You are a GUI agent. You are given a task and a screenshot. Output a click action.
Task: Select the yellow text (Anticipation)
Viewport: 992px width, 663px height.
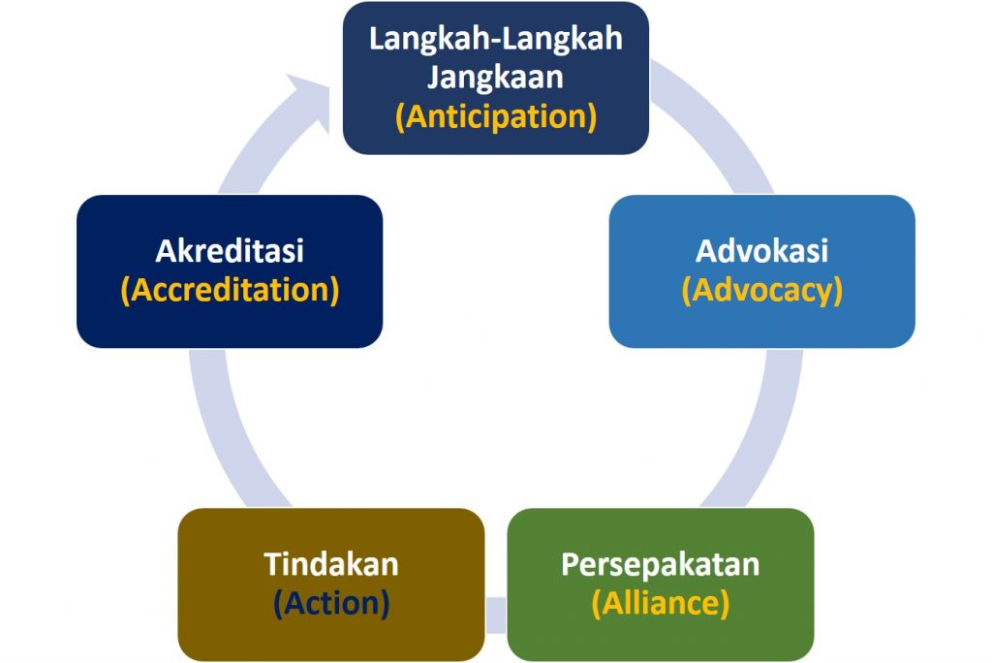(496, 117)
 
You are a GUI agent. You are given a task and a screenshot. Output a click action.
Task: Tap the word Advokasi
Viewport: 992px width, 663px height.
(761, 251)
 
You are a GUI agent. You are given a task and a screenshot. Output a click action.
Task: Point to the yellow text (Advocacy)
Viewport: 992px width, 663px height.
(762, 291)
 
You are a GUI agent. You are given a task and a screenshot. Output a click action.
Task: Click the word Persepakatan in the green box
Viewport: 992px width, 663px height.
(661, 564)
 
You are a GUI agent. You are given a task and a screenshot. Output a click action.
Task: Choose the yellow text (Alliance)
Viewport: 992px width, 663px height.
(661, 603)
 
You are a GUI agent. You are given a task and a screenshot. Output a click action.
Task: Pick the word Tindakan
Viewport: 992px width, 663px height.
(331, 564)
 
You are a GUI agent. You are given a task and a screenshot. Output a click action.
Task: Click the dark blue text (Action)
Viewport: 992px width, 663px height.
(331, 603)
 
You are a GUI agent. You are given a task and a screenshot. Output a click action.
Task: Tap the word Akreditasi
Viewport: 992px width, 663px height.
(230, 251)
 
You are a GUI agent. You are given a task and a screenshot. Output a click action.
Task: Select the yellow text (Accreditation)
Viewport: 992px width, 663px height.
(231, 290)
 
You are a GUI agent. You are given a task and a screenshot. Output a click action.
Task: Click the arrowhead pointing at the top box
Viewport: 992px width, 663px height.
(310, 102)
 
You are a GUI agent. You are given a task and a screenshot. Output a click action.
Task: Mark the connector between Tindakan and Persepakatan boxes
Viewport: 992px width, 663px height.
(496, 615)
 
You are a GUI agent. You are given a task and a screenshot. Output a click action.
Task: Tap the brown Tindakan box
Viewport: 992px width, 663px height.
(331, 584)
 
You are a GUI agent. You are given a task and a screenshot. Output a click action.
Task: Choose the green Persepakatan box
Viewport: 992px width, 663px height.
(661, 584)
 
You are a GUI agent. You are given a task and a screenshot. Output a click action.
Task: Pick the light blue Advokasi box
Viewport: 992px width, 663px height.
(762, 271)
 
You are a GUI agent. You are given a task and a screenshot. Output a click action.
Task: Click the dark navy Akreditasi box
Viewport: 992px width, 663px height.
(230, 271)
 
